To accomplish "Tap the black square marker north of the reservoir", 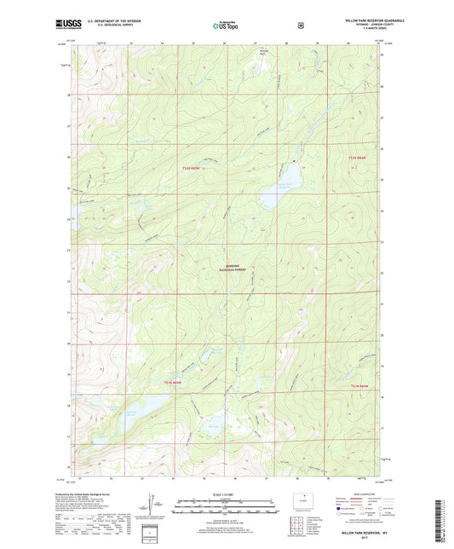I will tap(295, 161).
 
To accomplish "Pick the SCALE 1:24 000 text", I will tap(226, 495).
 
